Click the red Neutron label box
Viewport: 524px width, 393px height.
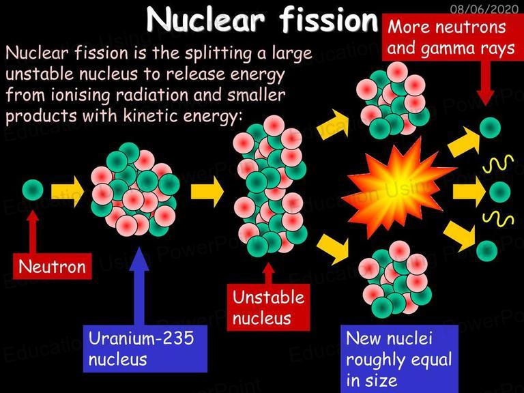[52, 266]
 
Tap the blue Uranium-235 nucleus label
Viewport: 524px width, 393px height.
[145, 349]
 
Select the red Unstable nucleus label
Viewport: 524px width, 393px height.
[268, 308]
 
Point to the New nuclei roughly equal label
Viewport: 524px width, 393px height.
[399, 359]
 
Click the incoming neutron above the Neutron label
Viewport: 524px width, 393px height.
[33, 190]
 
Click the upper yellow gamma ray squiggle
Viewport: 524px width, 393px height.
[498, 164]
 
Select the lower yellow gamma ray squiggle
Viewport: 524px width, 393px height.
[498, 219]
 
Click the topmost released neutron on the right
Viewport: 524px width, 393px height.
[491, 128]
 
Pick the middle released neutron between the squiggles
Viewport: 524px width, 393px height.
[500, 192]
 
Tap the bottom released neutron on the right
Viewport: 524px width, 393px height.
[487, 251]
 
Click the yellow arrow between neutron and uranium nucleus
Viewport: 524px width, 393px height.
[68, 192]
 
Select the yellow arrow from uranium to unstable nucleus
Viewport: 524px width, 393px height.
[207, 192]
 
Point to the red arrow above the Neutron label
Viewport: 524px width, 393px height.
[33, 231]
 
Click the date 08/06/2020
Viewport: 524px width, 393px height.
[484, 8]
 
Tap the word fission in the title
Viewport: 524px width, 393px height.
[329, 19]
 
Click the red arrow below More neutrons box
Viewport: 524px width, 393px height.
[486, 83]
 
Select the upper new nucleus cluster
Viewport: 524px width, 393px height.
[393, 99]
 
